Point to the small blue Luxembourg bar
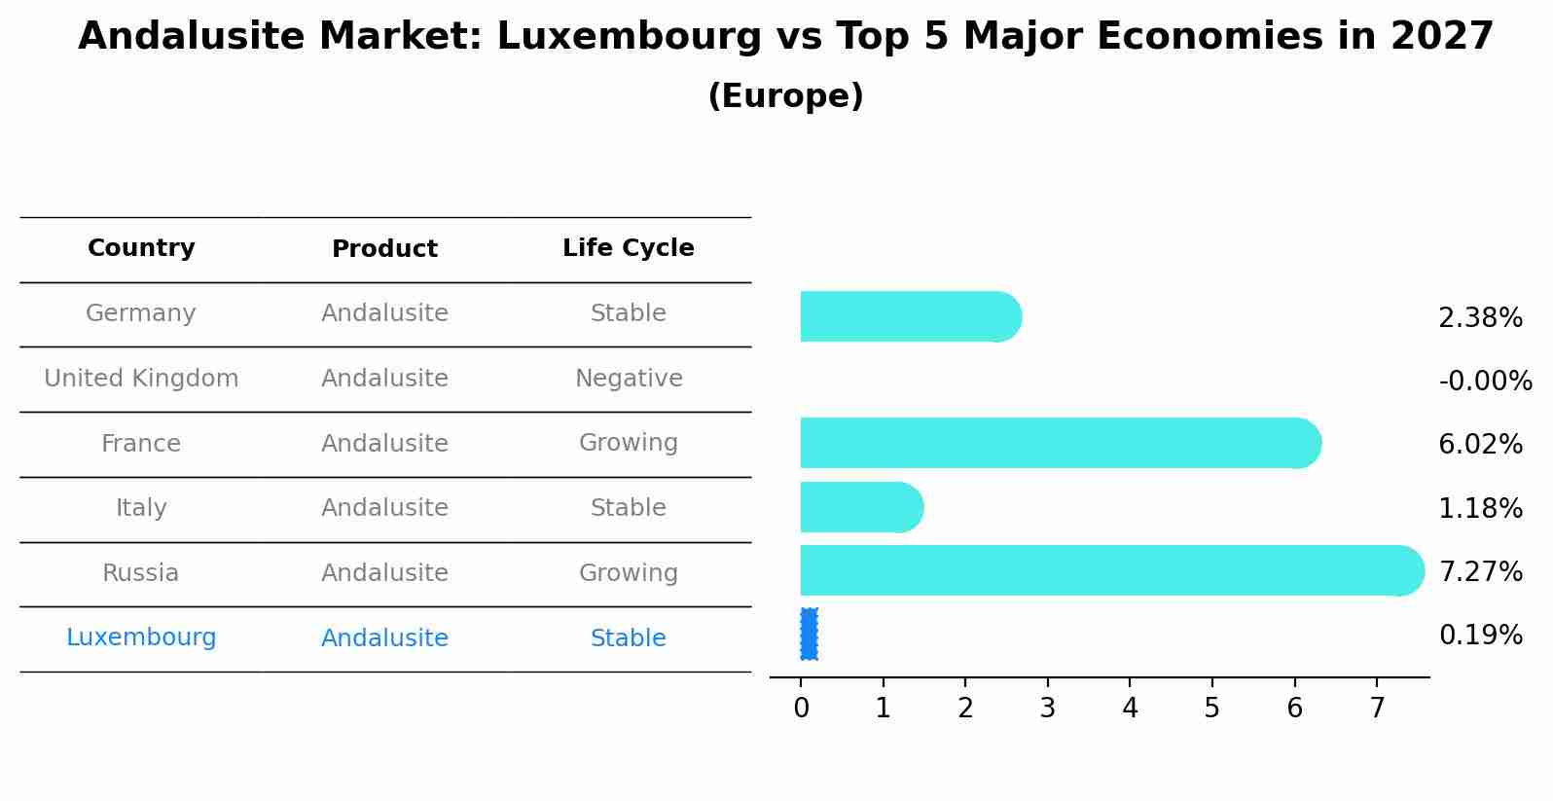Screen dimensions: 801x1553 (809, 635)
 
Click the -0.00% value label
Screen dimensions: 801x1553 (1485, 381)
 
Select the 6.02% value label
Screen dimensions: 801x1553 (1480, 444)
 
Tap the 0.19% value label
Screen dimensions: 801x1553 (1480, 636)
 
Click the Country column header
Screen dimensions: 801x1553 (141, 248)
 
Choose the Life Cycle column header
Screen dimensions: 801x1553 (628, 248)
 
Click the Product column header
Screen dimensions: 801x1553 (384, 249)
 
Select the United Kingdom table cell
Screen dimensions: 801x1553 (141, 379)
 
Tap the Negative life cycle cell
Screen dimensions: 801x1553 (629, 379)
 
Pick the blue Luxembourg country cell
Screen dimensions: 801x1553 (141, 637)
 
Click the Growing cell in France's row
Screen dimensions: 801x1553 (628, 443)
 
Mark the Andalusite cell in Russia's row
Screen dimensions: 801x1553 (384, 573)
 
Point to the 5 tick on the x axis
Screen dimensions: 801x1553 (1211, 708)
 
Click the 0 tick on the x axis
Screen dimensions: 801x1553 (801, 708)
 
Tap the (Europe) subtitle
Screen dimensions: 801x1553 (785, 96)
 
